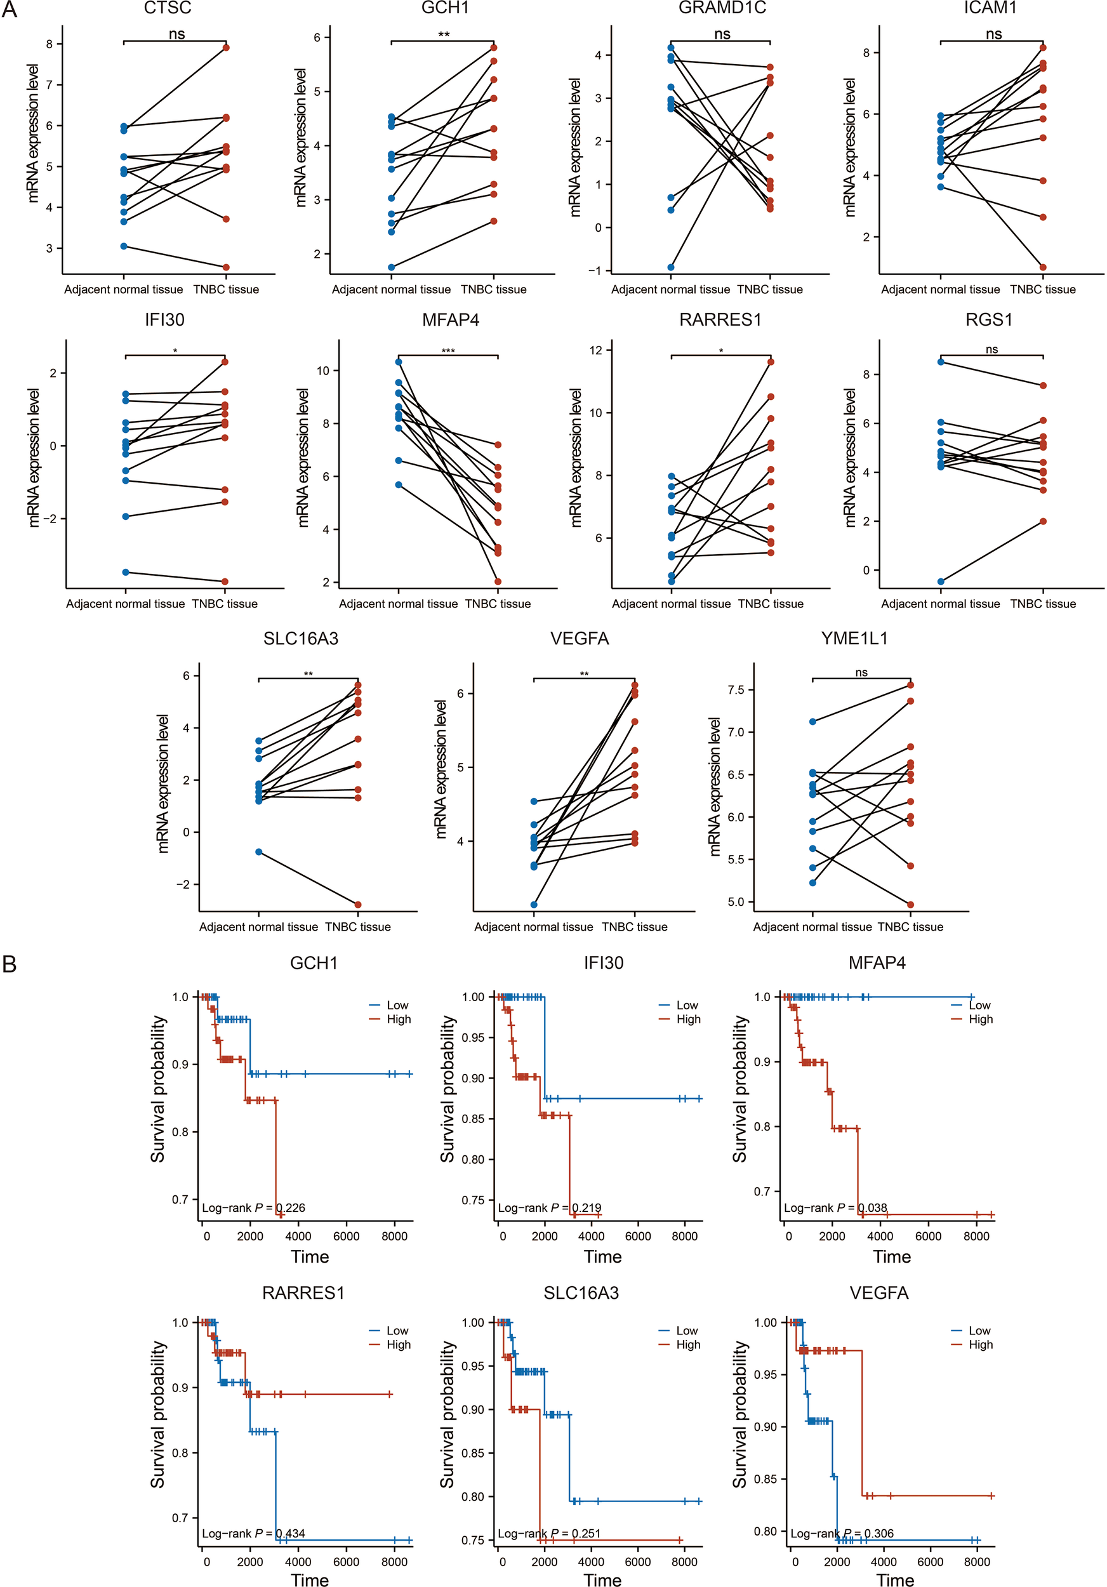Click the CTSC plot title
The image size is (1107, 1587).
point(167,8)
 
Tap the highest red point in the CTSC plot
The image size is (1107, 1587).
point(226,48)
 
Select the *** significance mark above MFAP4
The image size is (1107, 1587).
point(447,351)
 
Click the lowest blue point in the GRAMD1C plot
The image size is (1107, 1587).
point(671,267)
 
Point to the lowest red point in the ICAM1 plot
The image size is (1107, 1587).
point(1043,267)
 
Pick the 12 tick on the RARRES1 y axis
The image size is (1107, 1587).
point(595,350)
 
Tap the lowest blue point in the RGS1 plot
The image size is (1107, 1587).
point(941,582)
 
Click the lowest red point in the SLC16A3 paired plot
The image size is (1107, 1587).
point(358,905)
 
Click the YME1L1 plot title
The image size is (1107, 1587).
point(854,639)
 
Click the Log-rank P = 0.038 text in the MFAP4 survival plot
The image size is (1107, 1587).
point(835,1207)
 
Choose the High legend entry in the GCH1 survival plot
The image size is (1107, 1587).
point(398,1019)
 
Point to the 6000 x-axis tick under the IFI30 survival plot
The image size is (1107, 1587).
point(638,1236)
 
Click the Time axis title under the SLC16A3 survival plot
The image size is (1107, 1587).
point(602,1579)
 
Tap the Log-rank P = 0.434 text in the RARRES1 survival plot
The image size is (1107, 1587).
point(253,1533)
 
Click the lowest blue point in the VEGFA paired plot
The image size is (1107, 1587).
point(533,905)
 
